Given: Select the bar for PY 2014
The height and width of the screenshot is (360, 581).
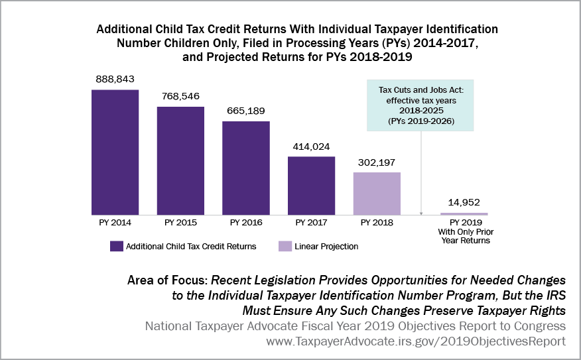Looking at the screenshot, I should click(115, 151).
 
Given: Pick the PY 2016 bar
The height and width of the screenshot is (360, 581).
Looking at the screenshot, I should click(246, 168).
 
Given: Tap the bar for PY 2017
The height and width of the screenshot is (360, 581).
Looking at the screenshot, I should click(311, 185).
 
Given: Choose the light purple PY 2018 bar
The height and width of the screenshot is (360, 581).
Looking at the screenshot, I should click(376, 193).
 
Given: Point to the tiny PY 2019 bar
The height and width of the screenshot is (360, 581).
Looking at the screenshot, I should click(464, 213).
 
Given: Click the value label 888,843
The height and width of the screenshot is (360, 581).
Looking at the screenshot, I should click(115, 79).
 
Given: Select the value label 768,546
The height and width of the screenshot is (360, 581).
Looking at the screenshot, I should click(180, 95).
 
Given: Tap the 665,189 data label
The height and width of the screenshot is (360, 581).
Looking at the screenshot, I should click(245, 111).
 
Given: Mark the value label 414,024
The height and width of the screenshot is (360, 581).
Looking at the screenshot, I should click(310, 146).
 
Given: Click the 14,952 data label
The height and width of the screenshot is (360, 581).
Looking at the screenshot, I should click(464, 202).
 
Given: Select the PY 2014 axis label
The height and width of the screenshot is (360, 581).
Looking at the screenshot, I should click(115, 223).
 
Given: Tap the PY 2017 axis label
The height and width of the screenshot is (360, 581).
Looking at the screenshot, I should click(310, 223).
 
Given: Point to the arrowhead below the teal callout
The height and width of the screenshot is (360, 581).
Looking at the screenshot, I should click(421, 212).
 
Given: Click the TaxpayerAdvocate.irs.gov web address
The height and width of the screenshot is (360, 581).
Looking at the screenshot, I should click(417, 341).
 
